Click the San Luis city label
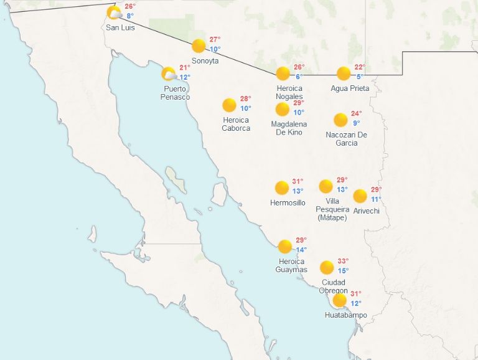(120, 28)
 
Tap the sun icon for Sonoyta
(199, 45)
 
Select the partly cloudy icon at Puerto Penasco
(169, 74)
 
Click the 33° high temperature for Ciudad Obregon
(343, 261)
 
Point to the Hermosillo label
(288, 203)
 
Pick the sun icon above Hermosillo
(282, 187)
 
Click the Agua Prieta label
(350, 88)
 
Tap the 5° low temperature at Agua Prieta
(359, 77)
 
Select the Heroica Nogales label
(289, 92)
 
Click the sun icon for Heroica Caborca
(229, 105)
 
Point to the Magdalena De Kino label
(289, 128)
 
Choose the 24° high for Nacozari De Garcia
(356, 113)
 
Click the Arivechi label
(366, 211)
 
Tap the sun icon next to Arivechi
(360, 196)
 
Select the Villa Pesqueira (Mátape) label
(333, 209)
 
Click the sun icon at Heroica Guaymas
(284, 247)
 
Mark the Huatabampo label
(342, 316)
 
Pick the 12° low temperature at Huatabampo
(355, 303)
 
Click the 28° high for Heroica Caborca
(245, 98)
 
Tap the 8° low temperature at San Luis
(130, 16)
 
